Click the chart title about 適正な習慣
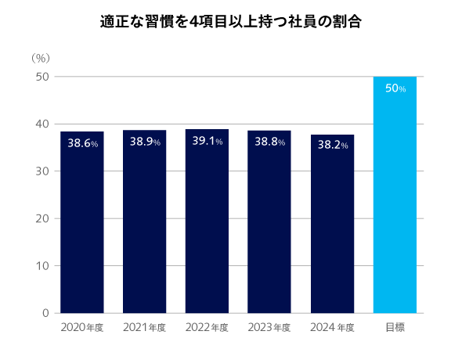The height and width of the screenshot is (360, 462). pos(231,21)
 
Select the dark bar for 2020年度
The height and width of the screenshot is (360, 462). pos(82,227)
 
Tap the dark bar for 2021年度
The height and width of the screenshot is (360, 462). pos(144,227)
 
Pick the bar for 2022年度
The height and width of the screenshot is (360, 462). pos(207,227)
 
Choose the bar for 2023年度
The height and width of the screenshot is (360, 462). pos(269,227)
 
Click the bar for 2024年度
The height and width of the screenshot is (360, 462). pos(332,227)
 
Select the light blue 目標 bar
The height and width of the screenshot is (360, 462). pos(395,203)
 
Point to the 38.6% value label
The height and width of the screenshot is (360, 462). pos(82,144)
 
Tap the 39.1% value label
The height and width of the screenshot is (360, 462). pos(208,142)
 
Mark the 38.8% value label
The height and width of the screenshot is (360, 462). pos(269,142)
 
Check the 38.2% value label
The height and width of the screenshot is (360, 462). pos(332,145)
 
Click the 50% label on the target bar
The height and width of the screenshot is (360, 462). pos(395,88)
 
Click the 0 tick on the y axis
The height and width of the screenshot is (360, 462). pos(45,313)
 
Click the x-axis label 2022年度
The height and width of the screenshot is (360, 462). pos(207,327)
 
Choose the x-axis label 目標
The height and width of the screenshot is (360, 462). pos(395,327)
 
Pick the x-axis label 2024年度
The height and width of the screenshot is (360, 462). pos(332,327)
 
